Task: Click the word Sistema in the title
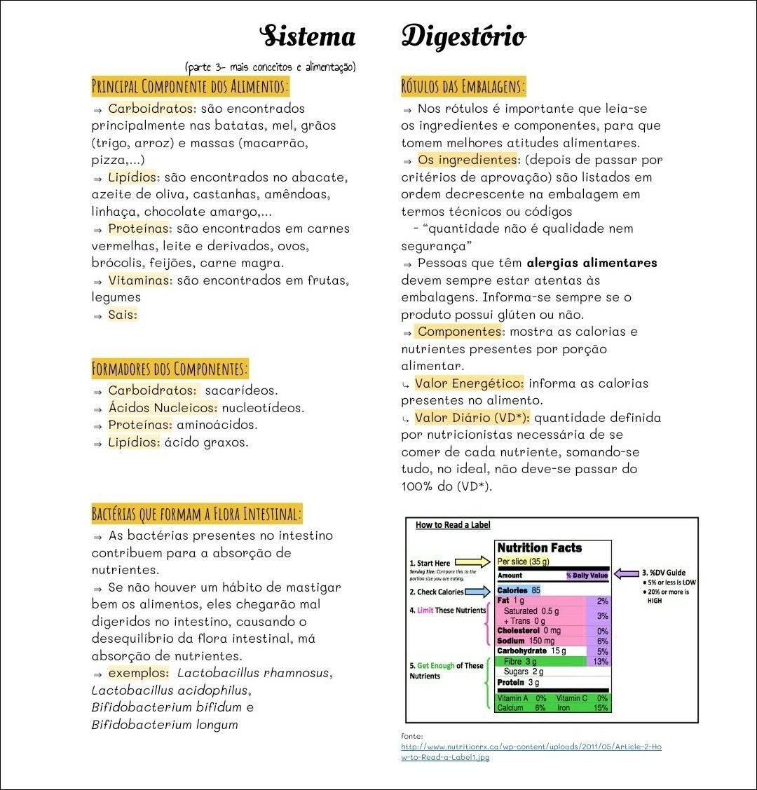308,36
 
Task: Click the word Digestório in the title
463,36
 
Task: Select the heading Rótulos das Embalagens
463,87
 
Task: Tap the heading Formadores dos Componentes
170,368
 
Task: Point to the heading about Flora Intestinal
196,514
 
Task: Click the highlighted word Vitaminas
139,280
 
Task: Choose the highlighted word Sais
123,315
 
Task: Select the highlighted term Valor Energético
469,383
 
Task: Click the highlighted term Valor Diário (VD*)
472,418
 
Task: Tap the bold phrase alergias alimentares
592,263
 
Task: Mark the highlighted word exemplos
138,673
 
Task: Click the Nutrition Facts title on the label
539,548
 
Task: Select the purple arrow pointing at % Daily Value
626,573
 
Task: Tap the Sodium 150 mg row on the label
526,641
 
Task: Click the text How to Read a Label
453,525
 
